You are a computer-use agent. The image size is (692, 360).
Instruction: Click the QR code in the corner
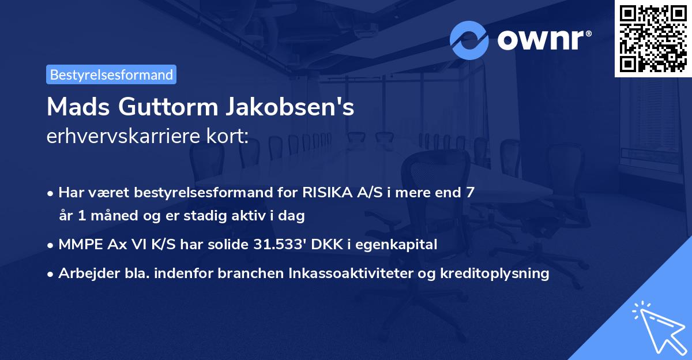coord(653,38)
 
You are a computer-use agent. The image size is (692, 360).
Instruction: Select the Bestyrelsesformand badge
coord(111,74)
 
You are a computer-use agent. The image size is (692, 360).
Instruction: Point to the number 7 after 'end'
coord(471,192)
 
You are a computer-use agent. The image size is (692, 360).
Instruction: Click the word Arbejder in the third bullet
coord(85,273)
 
